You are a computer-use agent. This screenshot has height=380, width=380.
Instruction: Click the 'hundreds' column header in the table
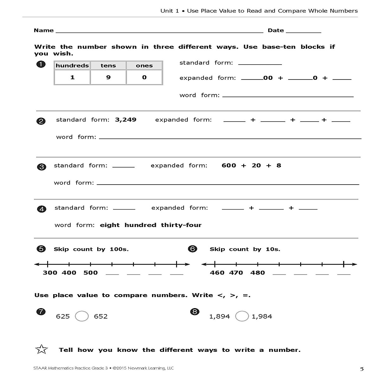tap(72, 66)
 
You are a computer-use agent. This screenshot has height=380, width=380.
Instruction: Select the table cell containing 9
tap(108, 77)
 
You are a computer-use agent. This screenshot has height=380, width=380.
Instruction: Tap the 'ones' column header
tap(144, 66)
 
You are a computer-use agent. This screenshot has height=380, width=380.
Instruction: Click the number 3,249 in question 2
tap(126, 120)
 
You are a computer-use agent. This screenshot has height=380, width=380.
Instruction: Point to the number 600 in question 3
tap(229, 166)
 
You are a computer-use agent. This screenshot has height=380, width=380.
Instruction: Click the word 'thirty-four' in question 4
tap(181, 225)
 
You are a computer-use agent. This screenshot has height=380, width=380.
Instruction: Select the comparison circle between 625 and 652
tap(82, 316)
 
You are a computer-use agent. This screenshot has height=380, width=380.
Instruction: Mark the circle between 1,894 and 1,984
tap(242, 316)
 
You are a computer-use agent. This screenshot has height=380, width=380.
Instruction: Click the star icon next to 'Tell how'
tap(42, 350)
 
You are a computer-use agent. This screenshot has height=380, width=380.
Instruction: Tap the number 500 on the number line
tap(91, 273)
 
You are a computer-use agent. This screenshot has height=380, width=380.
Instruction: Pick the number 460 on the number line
tap(217, 273)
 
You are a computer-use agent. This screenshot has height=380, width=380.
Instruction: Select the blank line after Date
tap(303, 32)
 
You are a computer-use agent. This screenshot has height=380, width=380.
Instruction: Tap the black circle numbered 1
tap(41, 65)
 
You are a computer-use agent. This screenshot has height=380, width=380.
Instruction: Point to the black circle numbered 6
tap(193, 249)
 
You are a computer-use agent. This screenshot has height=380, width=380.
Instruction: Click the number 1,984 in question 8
tap(262, 316)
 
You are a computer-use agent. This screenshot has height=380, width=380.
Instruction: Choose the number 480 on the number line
tap(257, 273)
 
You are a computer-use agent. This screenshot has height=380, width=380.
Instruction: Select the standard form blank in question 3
tap(123, 166)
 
